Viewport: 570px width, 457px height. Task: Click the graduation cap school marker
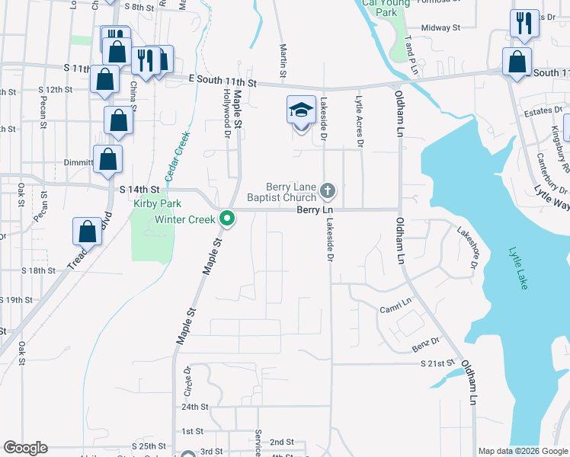click(x=301, y=110)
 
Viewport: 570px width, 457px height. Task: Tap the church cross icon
click(x=328, y=190)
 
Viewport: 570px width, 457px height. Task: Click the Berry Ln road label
click(x=315, y=209)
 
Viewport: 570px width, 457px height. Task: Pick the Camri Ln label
click(x=395, y=308)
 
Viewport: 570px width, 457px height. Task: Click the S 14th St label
click(x=139, y=189)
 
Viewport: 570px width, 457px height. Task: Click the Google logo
click(x=25, y=448)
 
